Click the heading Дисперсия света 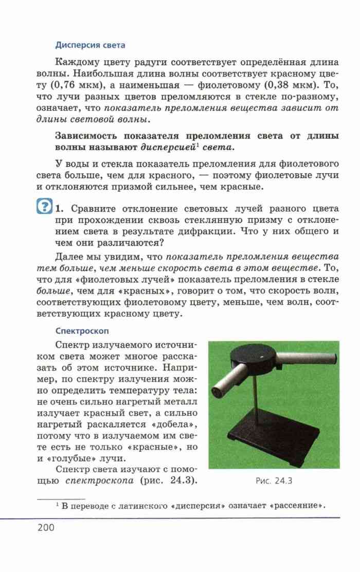90,45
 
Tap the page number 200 46,527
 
